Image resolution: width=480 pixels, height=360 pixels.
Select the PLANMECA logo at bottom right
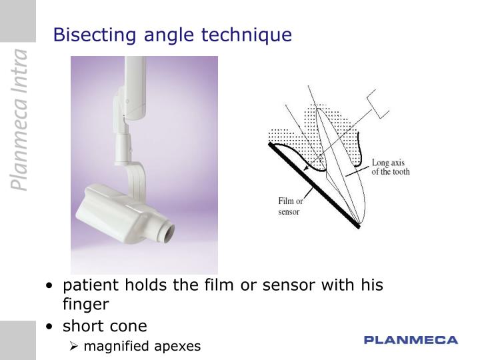click(411, 341)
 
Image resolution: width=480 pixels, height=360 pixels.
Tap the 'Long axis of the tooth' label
click(391, 167)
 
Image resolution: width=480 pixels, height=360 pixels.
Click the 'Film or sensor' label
click(289, 206)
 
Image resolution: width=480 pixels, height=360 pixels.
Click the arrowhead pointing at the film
click(307, 171)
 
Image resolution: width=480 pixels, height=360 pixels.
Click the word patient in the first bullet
click(89, 286)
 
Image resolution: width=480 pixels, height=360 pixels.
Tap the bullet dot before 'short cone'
click(51, 327)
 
